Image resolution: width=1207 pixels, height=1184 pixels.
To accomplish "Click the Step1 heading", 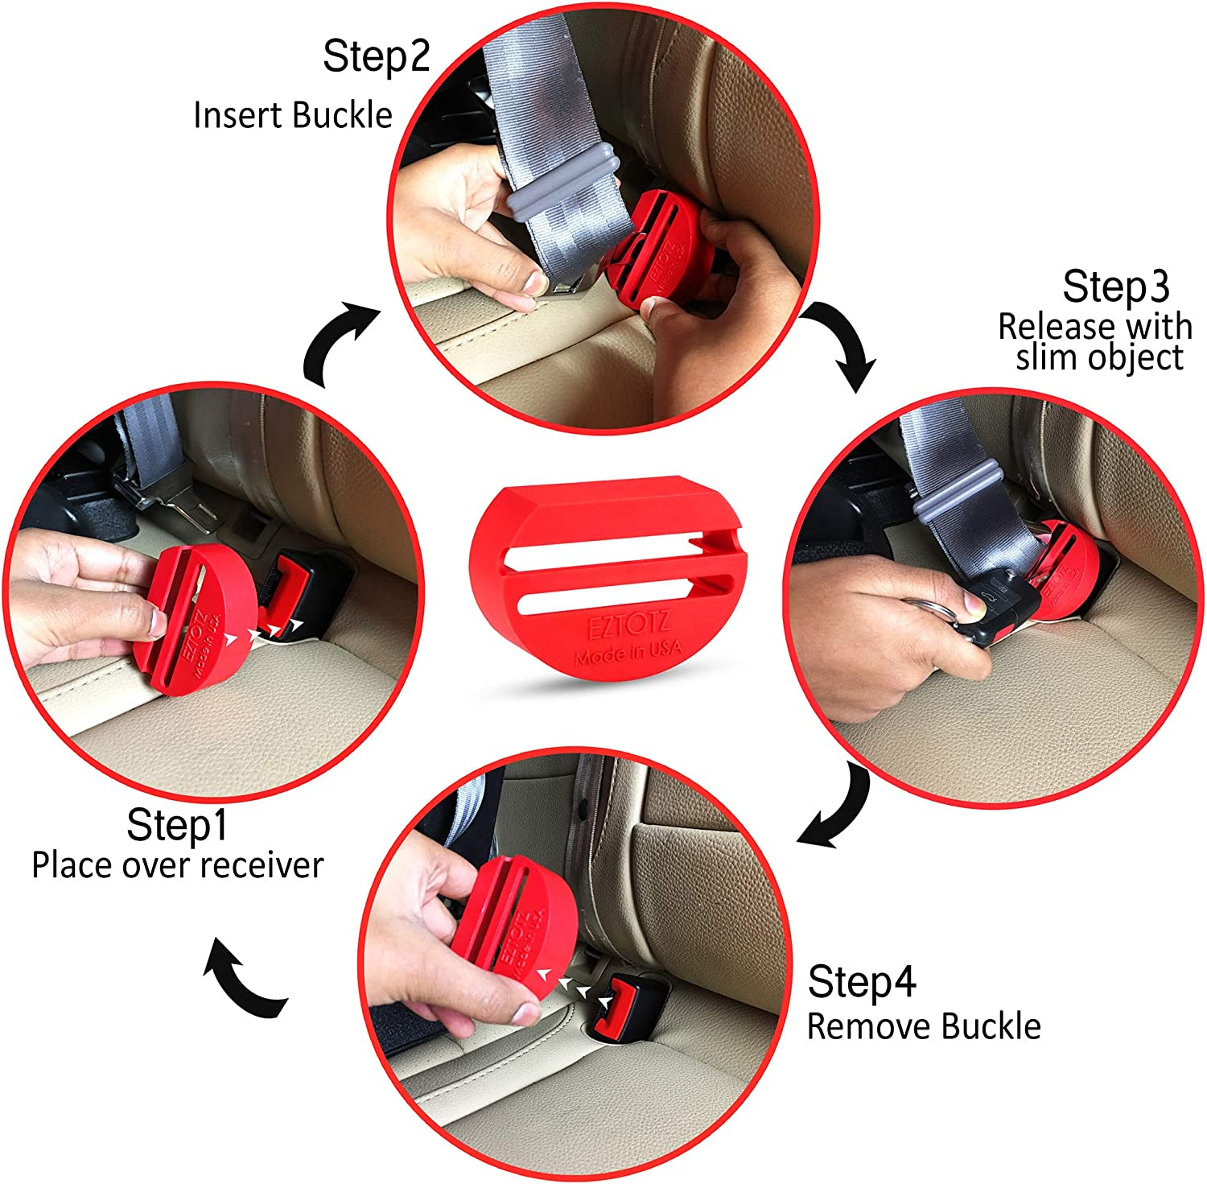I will pyautogui.click(x=177, y=825).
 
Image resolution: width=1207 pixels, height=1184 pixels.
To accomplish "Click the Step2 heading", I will pyautogui.click(x=377, y=56).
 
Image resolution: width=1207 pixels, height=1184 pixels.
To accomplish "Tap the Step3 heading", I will pyautogui.click(x=1115, y=287).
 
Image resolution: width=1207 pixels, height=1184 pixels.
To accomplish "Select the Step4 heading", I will pyautogui.click(x=862, y=982).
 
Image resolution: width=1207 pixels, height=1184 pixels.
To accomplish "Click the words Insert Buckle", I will pyautogui.click(x=292, y=115).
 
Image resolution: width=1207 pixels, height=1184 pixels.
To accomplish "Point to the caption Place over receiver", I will pyautogui.click(x=177, y=866).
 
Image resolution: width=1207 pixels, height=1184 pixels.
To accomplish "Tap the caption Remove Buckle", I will pyautogui.click(x=924, y=1027).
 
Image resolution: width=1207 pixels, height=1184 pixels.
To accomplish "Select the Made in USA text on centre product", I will pyautogui.click(x=628, y=653).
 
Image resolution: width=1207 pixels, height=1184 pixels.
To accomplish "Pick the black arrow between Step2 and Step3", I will pyautogui.click(x=845, y=342).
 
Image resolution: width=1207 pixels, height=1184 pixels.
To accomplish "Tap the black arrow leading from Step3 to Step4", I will pyautogui.click(x=841, y=809).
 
